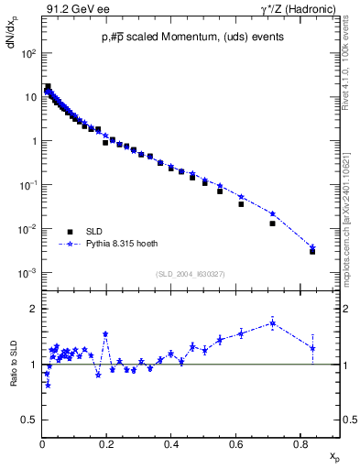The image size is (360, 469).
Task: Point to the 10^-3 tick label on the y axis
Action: [x=30, y=273]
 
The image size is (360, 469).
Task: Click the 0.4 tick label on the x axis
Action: [x=171, y=444]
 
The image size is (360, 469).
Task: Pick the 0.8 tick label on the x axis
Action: [x=300, y=444]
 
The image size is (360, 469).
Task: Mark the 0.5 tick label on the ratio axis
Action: [x=30, y=420]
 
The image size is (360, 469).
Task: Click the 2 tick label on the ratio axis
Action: [x=35, y=309]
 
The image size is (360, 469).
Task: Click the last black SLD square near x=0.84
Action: [x=312, y=251]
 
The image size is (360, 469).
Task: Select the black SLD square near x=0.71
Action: [x=272, y=223]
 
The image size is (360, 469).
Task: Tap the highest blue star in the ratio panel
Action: [x=272, y=322]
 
